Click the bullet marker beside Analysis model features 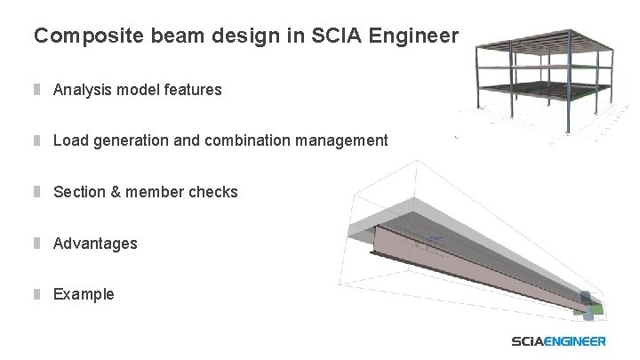[38, 90]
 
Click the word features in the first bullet [191, 90]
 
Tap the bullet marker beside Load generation [38, 140]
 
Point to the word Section [81, 192]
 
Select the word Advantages [95, 244]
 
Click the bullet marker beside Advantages [38, 244]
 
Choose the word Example [84, 294]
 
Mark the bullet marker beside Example [38, 294]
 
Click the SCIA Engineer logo [559, 341]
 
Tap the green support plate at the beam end [595, 308]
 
